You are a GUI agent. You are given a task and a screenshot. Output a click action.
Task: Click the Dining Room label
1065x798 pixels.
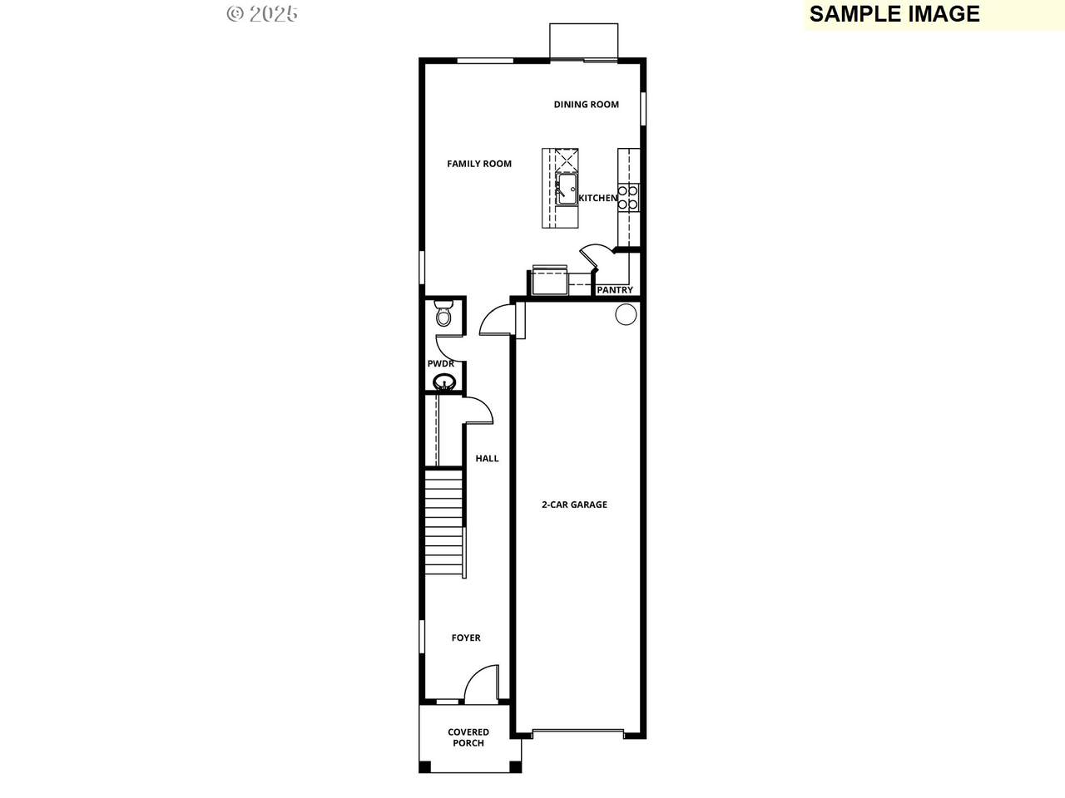pos(586,104)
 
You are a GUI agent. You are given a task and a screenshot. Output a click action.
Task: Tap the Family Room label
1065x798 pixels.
pos(479,164)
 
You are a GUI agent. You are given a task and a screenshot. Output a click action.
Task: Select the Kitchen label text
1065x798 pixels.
pos(597,198)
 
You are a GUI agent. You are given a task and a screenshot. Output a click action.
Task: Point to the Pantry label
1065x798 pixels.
pos(615,290)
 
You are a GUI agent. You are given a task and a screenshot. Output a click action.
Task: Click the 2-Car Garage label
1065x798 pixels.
pos(574,505)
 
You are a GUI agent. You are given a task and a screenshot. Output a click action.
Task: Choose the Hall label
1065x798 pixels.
pos(487,458)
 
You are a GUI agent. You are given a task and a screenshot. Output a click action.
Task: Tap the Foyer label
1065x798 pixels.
pos(466,638)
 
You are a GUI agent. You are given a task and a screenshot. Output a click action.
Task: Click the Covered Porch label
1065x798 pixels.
pos(468,737)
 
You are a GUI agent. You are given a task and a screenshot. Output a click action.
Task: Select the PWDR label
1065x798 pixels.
pos(440,363)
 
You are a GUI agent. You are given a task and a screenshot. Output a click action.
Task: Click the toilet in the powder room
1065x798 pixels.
pos(443,313)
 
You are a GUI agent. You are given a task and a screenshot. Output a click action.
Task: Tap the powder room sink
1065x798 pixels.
pos(443,382)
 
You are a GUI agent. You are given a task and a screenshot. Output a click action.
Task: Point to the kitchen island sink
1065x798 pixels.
pos(567,189)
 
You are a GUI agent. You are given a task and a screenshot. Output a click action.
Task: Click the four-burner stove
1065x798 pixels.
pos(628,198)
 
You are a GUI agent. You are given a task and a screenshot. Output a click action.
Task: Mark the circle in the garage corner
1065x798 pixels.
pos(626,314)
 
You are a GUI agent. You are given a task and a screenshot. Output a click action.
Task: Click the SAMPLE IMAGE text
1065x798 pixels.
pos(894,13)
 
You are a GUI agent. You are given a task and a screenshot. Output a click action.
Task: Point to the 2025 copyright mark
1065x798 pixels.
pos(262,14)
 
